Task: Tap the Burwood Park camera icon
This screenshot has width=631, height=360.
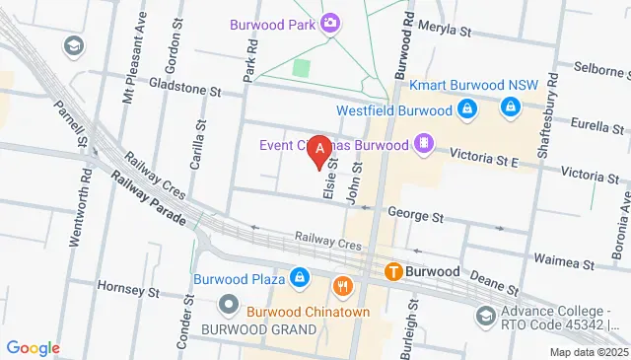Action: click(330, 24)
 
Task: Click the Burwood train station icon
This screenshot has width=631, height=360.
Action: click(393, 271)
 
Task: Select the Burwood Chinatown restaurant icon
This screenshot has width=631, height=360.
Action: click(343, 286)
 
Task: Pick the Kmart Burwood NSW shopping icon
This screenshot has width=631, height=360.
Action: click(511, 109)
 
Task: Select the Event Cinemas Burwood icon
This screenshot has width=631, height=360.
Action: click(423, 145)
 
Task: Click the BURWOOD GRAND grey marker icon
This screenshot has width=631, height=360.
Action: click(229, 303)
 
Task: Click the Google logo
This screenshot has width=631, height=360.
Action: click(33, 348)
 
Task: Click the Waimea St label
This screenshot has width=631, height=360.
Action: click(563, 264)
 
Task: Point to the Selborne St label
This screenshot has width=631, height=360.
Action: click(598, 73)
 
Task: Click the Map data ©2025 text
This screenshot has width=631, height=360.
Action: click(589, 352)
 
